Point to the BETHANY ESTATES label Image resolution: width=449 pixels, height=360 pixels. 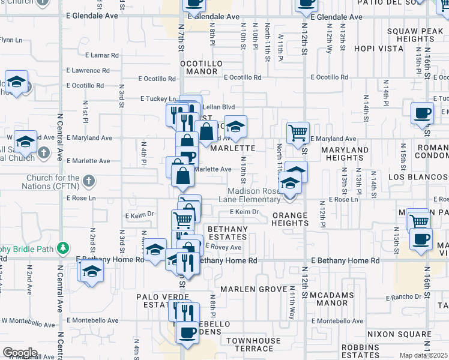click(x=228, y=233)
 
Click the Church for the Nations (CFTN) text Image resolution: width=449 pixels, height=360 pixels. click(x=53, y=182)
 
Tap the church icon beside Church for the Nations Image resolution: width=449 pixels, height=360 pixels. click(x=88, y=181)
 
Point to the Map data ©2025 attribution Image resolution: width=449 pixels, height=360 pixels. click(x=423, y=355)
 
